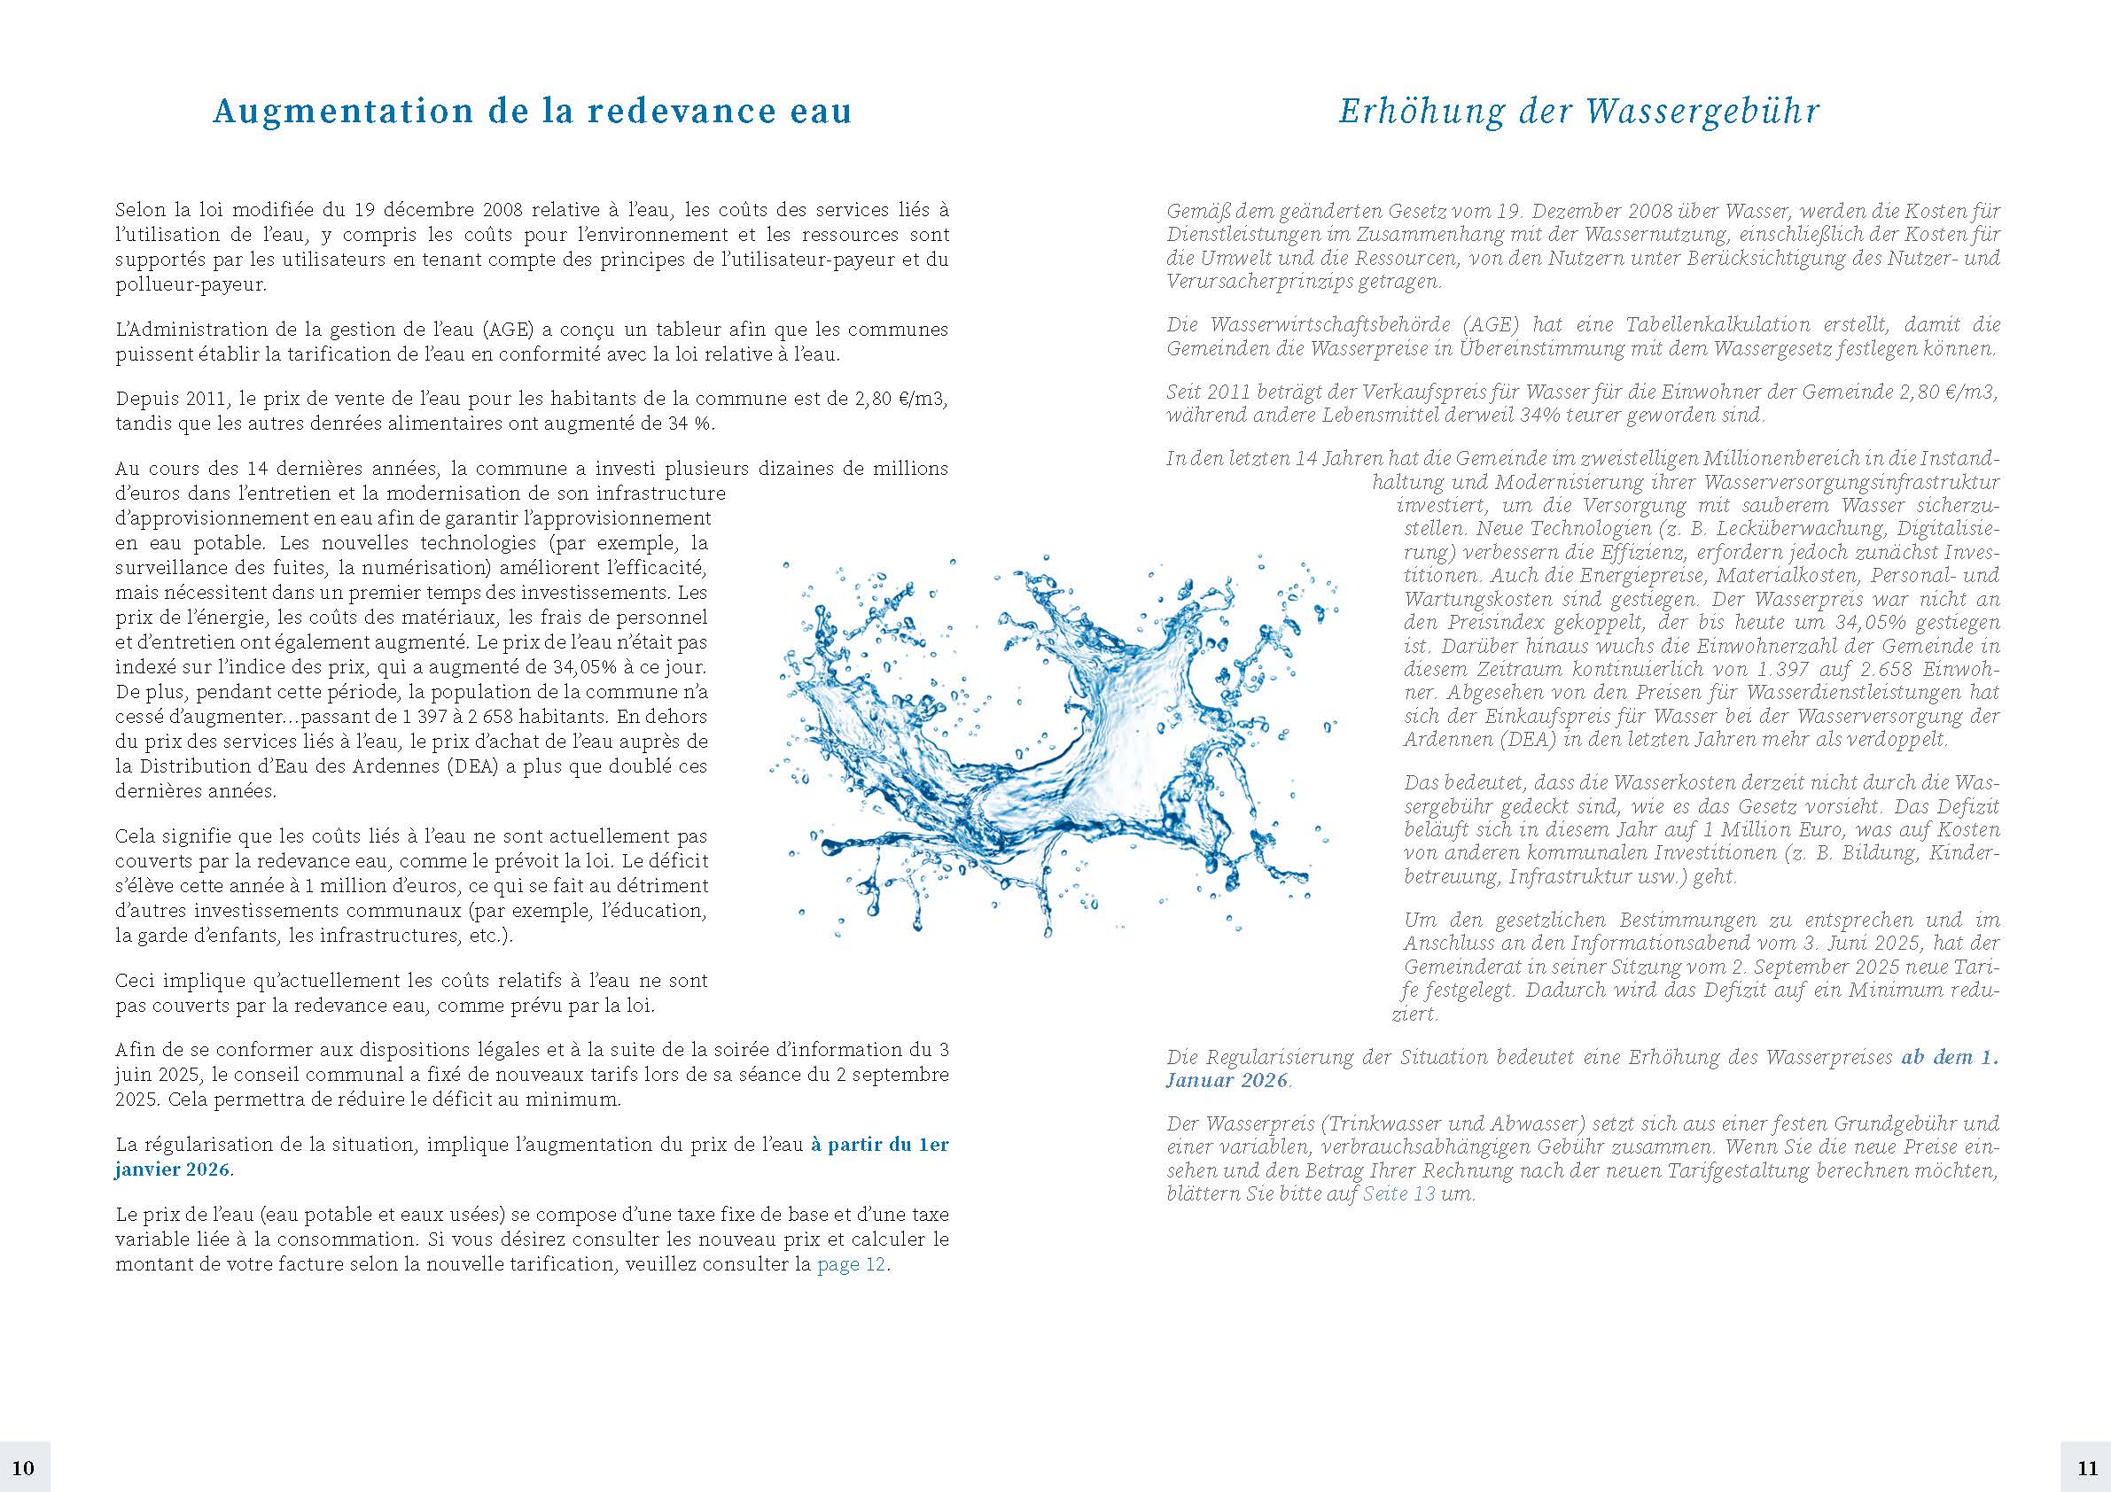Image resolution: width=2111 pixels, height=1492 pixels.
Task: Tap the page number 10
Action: coord(24,1466)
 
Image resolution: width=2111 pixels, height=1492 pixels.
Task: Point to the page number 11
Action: coord(2086,1466)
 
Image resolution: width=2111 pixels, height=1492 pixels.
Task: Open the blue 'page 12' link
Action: coord(852,1264)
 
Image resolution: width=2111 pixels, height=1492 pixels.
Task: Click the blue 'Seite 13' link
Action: coord(1398,1195)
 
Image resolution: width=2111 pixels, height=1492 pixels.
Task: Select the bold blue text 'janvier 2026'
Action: coord(173,1170)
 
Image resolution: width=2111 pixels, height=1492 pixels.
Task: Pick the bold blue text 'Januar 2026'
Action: coord(1227,1080)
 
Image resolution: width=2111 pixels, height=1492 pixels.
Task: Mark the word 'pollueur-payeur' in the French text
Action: coord(190,284)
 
